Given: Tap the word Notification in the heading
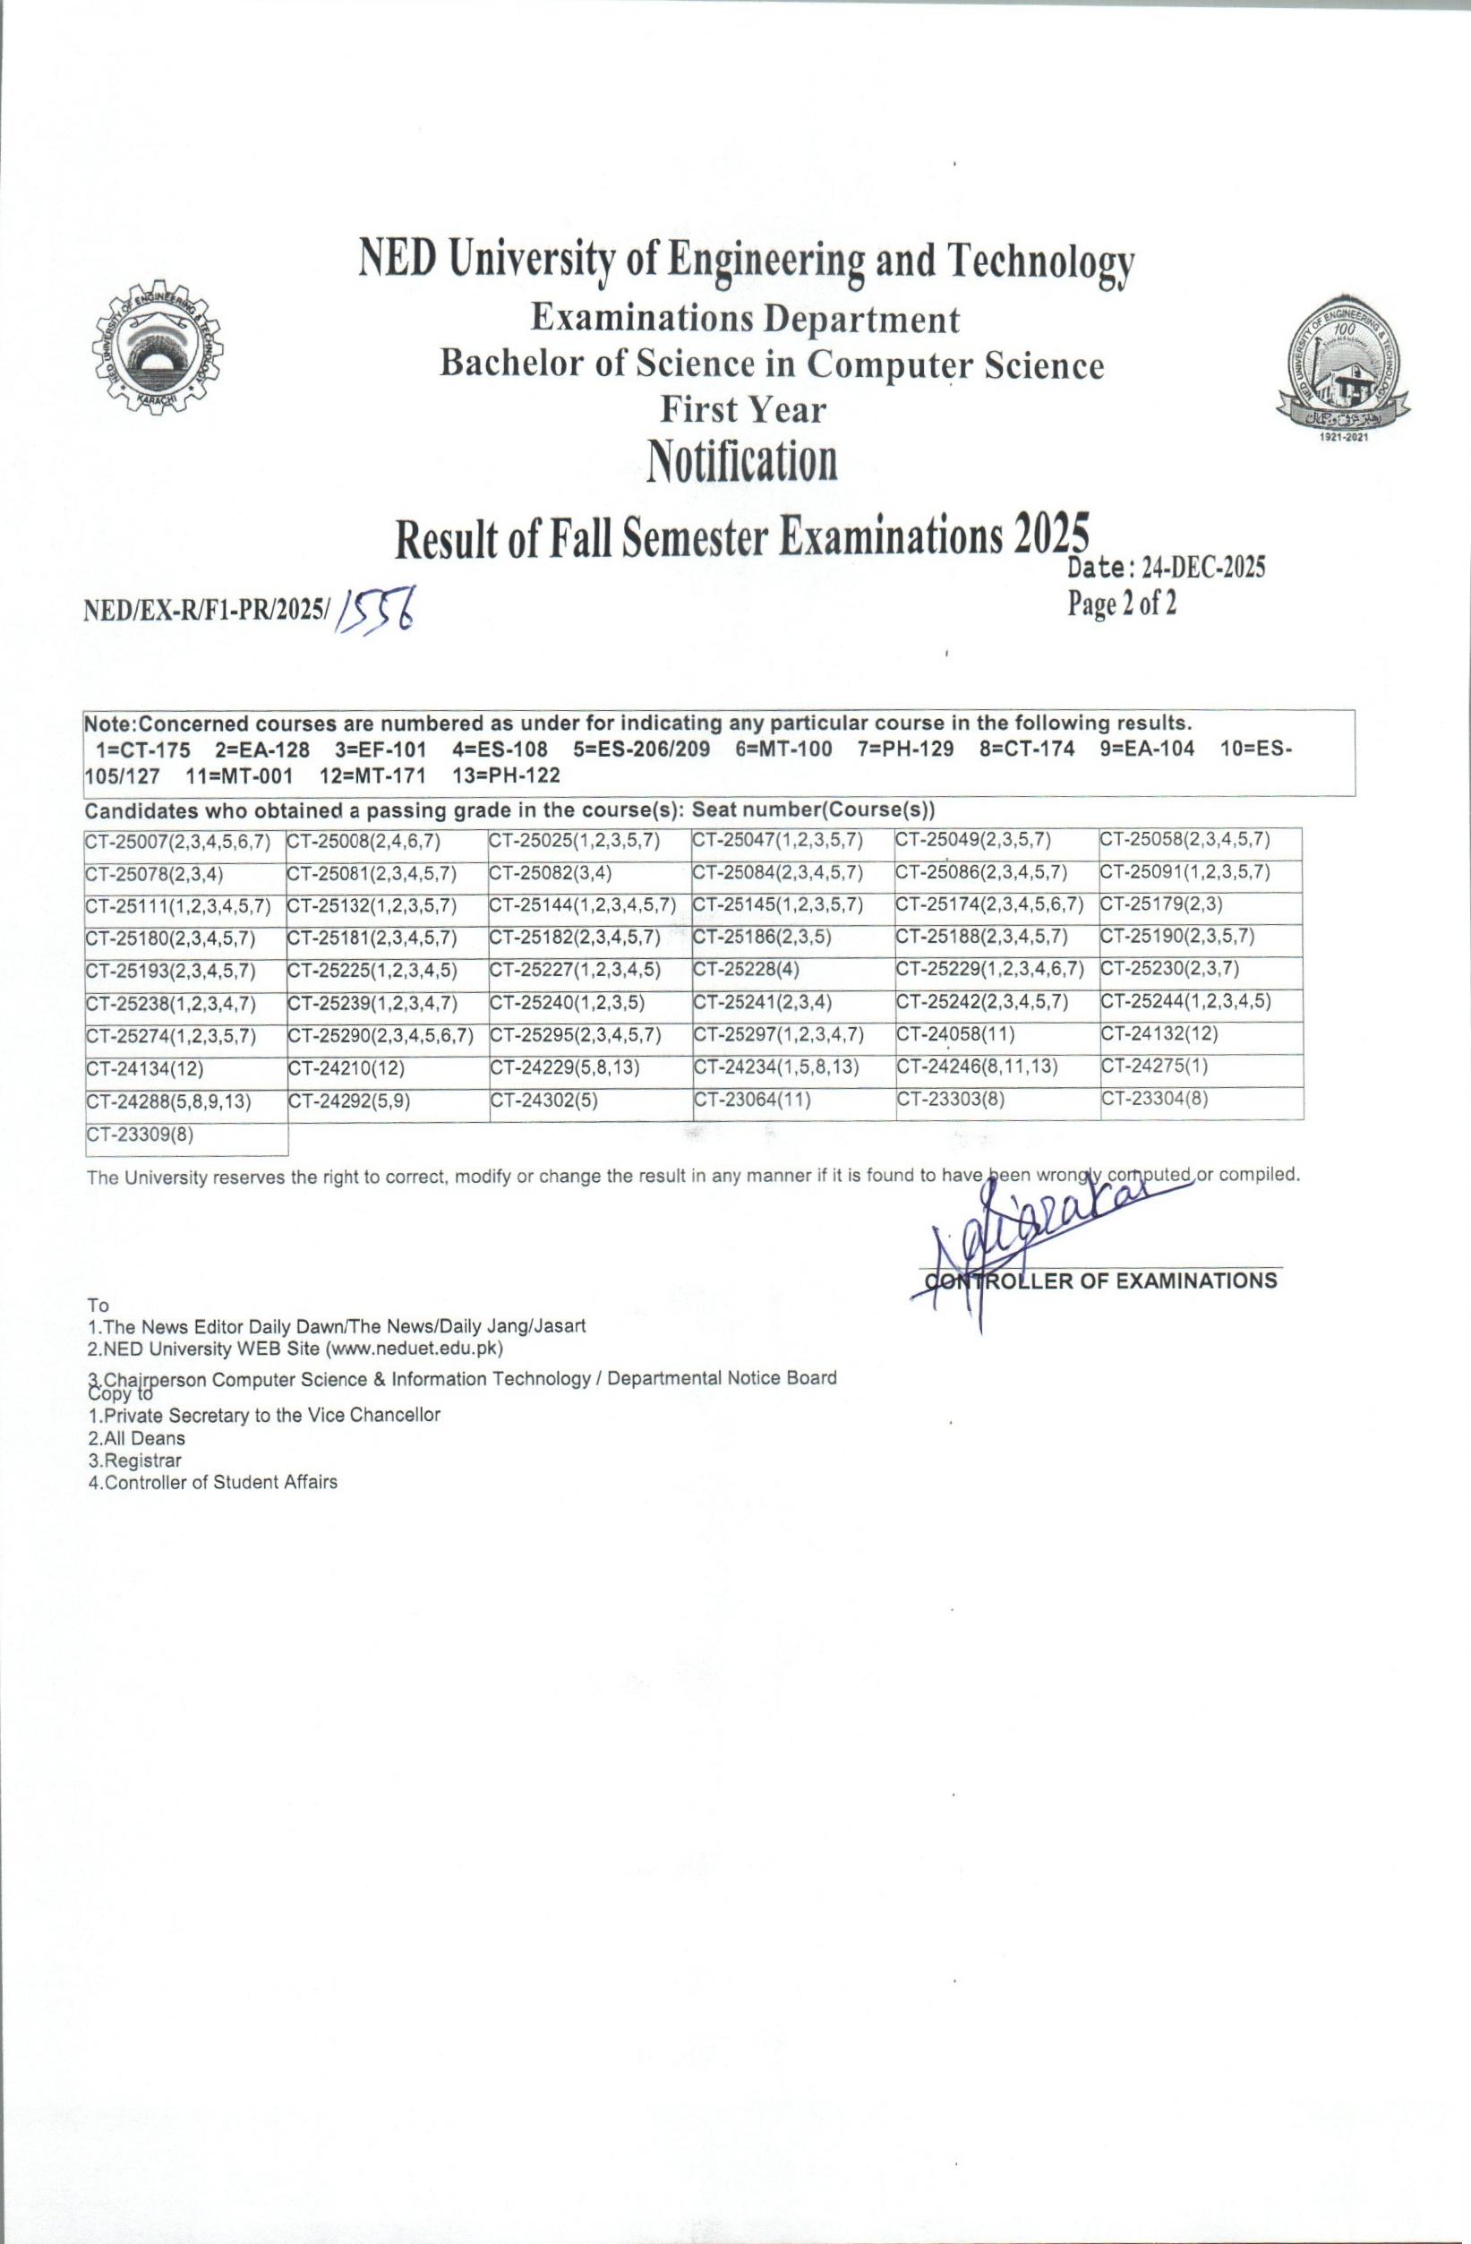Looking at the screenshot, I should [x=742, y=462].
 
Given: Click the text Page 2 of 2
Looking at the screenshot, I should [x=1122, y=604].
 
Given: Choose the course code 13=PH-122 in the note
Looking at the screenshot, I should [x=506, y=775].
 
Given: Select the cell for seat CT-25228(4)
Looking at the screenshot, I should [x=747, y=968].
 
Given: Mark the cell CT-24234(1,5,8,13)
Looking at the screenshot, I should [x=775, y=1066].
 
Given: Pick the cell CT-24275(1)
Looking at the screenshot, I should [x=1154, y=1066].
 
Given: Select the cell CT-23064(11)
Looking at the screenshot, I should [x=751, y=1099].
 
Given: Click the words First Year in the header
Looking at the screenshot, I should [x=742, y=409].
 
